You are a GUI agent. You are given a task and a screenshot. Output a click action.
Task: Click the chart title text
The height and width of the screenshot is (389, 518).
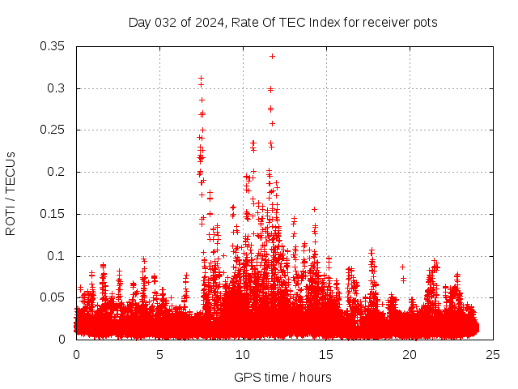pyautogui.click(x=282, y=23)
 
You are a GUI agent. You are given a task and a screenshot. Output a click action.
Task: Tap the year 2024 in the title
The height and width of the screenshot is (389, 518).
pyautogui.click(x=206, y=23)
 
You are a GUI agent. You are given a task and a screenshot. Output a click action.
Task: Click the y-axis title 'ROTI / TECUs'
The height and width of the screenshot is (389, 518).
pyautogui.click(x=11, y=193)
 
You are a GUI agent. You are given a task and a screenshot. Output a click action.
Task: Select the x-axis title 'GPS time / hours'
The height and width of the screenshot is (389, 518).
pyautogui.click(x=282, y=377)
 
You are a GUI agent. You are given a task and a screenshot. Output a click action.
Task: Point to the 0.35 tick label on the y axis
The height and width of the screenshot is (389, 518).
pyautogui.click(x=53, y=46)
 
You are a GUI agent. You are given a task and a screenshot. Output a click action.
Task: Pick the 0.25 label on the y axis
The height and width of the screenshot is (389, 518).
pyautogui.click(x=53, y=130)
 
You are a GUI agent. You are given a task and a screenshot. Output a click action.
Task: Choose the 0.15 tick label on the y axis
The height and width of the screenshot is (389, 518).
pyautogui.click(x=53, y=214)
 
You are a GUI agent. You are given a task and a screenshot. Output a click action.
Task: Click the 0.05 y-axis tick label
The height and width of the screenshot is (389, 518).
pyautogui.click(x=53, y=297)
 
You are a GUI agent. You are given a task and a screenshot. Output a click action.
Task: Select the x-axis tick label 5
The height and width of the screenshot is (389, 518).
pyautogui.click(x=159, y=355)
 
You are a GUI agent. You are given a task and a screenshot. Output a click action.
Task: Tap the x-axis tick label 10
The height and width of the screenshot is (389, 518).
pyautogui.click(x=243, y=355)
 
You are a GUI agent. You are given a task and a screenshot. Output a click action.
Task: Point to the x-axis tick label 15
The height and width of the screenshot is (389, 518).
pyautogui.click(x=326, y=355)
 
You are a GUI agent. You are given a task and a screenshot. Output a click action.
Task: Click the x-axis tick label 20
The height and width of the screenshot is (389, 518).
pyautogui.click(x=410, y=355)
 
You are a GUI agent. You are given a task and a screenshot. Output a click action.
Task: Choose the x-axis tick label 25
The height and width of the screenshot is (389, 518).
pyautogui.click(x=493, y=355)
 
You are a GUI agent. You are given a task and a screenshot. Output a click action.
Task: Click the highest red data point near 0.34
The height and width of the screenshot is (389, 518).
pyautogui.click(x=272, y=56)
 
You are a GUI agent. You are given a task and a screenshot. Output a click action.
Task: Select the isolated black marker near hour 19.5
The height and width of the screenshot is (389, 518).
pyautogui.click(x=402, y=267)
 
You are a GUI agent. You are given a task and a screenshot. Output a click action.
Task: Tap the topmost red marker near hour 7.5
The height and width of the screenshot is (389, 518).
pyautogui.click(x=201, y=79)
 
